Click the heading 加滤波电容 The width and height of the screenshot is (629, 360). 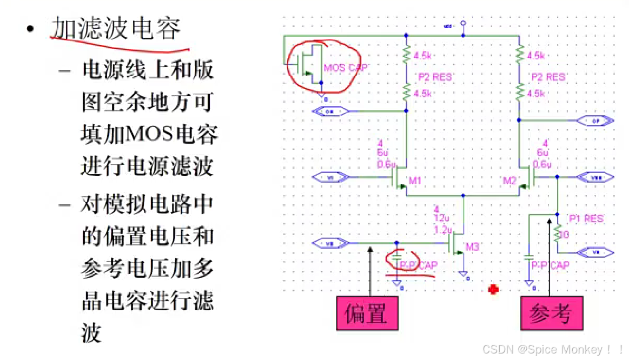[116, 28]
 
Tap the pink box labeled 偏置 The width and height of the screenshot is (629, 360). [366, 313]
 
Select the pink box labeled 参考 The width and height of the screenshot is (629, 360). [551, 313]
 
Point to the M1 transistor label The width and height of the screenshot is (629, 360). [415, 181]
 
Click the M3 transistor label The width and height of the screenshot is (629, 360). [472, 248]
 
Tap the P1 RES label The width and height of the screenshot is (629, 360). [586, 219]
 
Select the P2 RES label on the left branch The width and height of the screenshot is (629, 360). [434, 77]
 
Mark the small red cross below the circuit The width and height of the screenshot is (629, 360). [493, 290]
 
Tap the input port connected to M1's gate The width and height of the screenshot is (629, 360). [332, 178]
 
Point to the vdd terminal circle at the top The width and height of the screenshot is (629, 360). [462, 24]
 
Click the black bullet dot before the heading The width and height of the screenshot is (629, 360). [32, 28]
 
